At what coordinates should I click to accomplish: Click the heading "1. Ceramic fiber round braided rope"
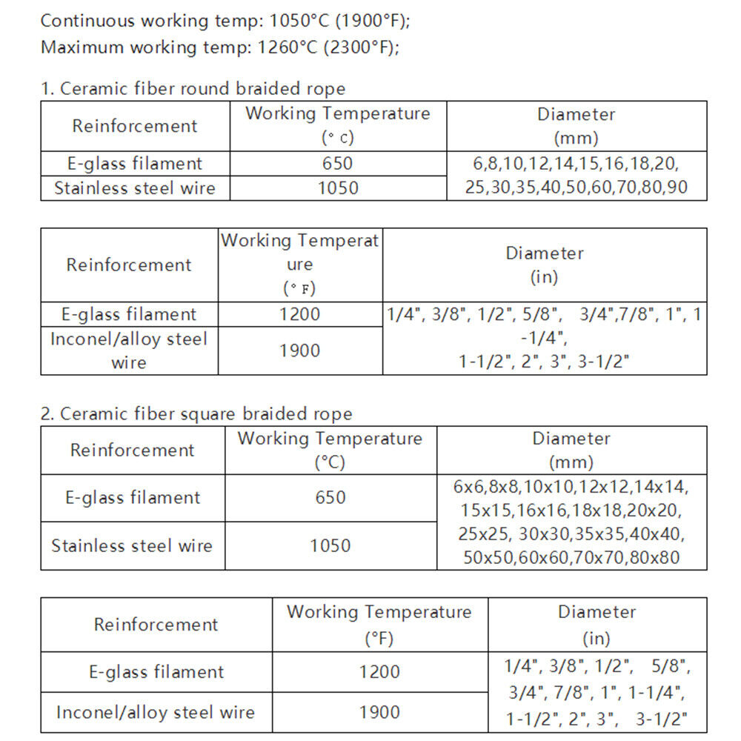(x=193, y=89)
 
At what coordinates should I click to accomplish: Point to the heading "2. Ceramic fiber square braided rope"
(x=196, y=413)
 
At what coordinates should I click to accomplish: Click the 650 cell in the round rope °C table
(x=337, y=164)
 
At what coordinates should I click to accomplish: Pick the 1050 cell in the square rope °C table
(x=330, y=546)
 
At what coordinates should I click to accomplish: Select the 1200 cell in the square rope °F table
(x=379, y=672)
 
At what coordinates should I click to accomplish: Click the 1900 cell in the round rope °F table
(x=299, y=350)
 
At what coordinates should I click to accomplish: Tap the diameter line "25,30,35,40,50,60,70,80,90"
(x=576, y=187)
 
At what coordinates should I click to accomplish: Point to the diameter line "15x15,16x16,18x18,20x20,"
(x=571, y=511)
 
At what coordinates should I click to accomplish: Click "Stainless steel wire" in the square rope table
(x=132, y=546)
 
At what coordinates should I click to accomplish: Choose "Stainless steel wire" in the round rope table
(x=134, y=188)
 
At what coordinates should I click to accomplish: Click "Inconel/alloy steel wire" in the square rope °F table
(x=156, y=713)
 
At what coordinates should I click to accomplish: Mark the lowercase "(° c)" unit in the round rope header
(x=337, y=138)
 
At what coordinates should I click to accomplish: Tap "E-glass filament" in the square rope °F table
(x=156, y=672)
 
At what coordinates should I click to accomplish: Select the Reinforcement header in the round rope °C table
(x=134, y=126)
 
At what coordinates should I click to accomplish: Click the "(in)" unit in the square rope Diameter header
(x=597, y=638)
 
